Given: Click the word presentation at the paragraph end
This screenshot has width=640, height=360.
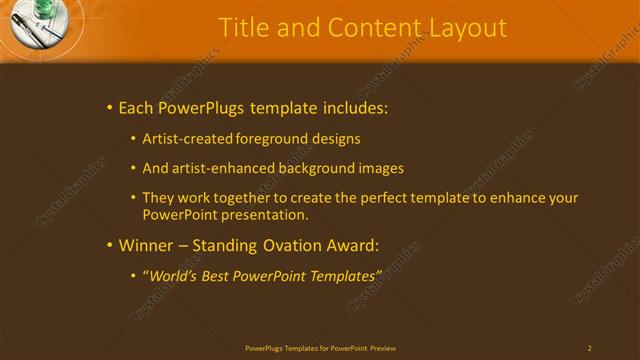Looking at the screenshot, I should [263, 214].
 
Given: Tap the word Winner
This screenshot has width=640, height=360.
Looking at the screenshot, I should [145, 244].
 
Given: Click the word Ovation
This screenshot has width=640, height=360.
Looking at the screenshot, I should [279, 244].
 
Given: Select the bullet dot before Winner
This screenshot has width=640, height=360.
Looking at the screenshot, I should [109, 244].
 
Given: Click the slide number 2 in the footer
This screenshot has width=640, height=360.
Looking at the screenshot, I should [589, 348].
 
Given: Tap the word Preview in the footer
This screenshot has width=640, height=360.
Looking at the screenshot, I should [383, 348].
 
